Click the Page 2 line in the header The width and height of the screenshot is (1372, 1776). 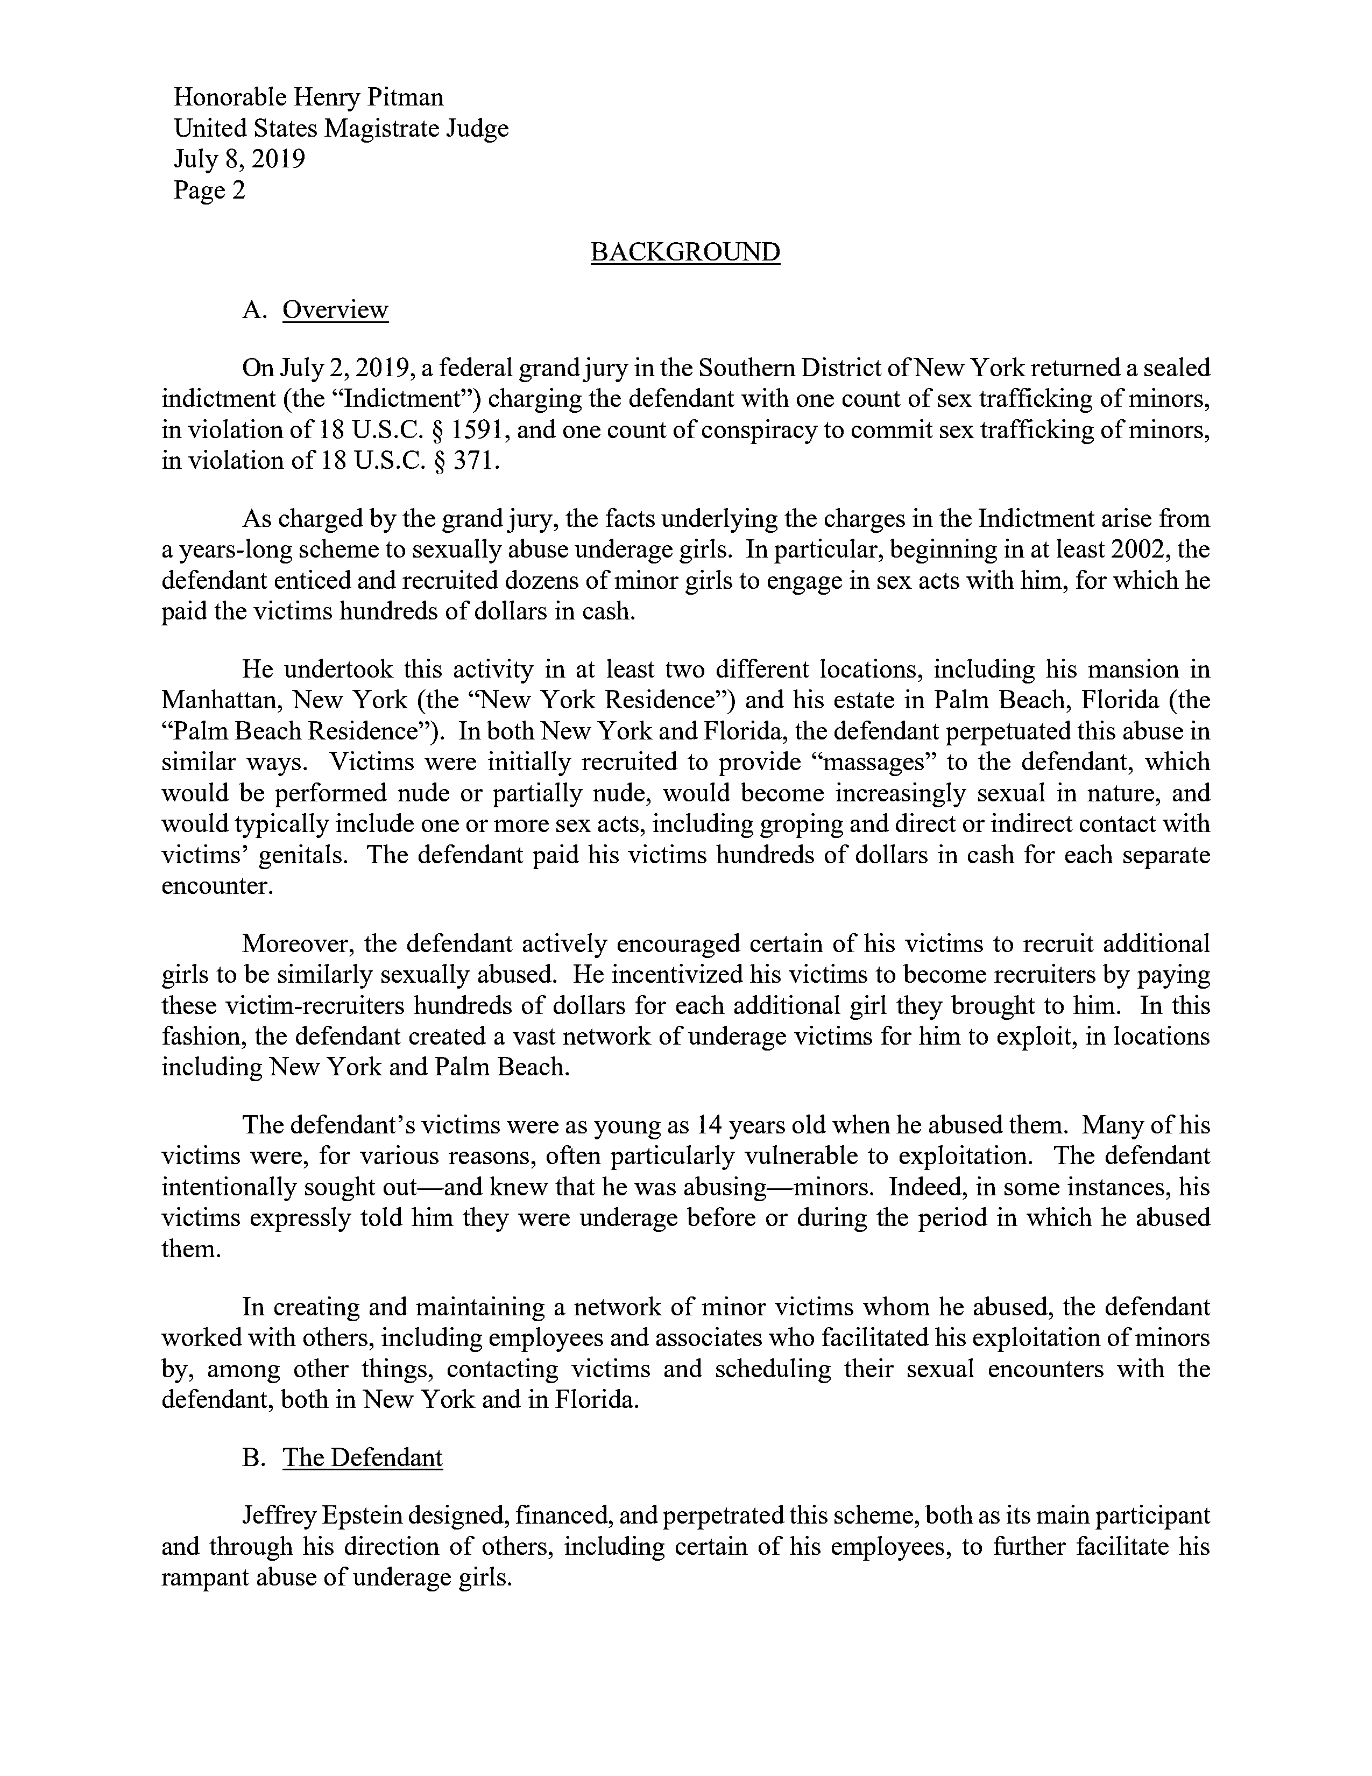209,191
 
